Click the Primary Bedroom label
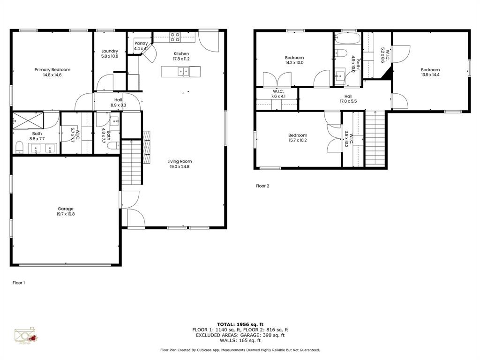[x=52, y=70]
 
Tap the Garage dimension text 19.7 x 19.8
[x=66, y=214]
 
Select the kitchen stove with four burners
[x=175, y=36]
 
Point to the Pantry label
[x=141, y=44]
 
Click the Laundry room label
[x=110, y=51]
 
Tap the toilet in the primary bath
[x=19, y=148]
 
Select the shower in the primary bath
[x=28, y=120]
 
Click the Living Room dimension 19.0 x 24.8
[x=180, y=167]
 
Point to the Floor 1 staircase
[x=131, y=162]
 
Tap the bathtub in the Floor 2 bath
[x=347, y=38]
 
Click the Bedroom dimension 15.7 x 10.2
[x=298, y=141]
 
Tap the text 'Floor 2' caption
[x=262, y=186]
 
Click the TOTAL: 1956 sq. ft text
[x=240, y=324]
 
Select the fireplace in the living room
[x=147, y=147]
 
